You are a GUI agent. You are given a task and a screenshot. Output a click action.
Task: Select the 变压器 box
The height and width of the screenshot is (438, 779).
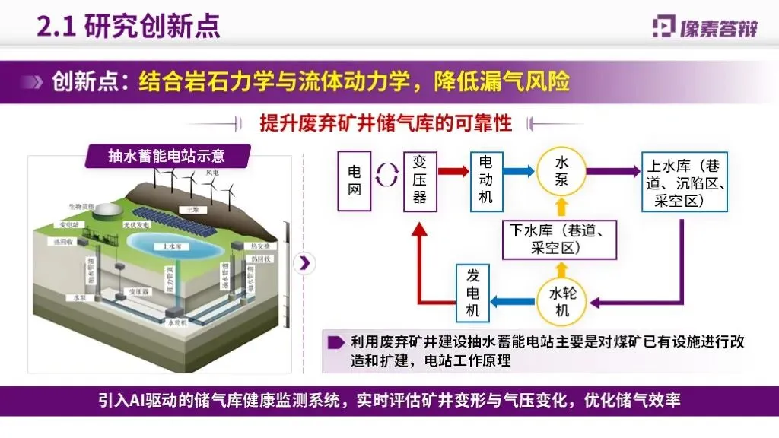tap(420, 181)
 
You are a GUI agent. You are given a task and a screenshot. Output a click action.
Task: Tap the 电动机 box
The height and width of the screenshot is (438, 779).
tap(486, 181)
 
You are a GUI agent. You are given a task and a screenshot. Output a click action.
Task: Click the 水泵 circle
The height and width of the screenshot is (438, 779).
tap(561, 172)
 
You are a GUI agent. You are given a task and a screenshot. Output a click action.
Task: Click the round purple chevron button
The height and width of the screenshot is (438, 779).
tap(304, 263)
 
